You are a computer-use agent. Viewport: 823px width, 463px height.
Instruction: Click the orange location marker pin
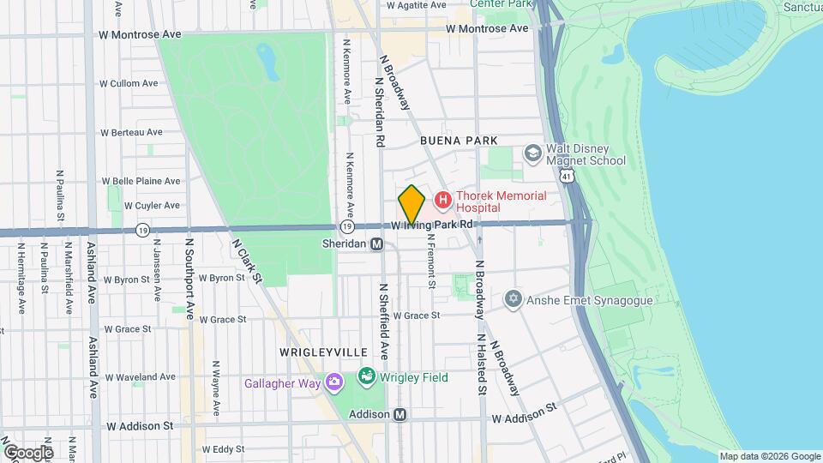411,205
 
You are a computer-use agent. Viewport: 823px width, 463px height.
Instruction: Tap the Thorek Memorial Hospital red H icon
443,201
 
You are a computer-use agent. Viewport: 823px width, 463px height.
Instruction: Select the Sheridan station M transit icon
376,244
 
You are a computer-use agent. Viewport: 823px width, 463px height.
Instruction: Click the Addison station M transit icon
400,414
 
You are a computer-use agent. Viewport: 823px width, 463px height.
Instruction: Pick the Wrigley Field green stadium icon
367,376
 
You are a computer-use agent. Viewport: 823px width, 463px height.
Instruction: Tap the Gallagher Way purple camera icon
333,382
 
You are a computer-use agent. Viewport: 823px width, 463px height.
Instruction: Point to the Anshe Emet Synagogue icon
514,300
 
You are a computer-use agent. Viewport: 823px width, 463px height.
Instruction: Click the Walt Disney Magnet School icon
532,153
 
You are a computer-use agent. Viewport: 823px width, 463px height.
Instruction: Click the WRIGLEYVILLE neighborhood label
322,352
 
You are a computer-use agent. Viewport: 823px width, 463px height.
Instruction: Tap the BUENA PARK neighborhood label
459,140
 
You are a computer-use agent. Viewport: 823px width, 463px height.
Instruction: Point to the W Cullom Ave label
129,83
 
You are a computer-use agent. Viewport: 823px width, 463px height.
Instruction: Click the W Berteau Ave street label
131,132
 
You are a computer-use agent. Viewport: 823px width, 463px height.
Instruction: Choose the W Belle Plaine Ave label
141,181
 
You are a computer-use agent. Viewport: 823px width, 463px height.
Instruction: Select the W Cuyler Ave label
152,206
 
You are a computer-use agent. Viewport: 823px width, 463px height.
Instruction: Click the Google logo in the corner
27,452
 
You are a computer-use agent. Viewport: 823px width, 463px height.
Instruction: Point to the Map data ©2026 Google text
769,456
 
